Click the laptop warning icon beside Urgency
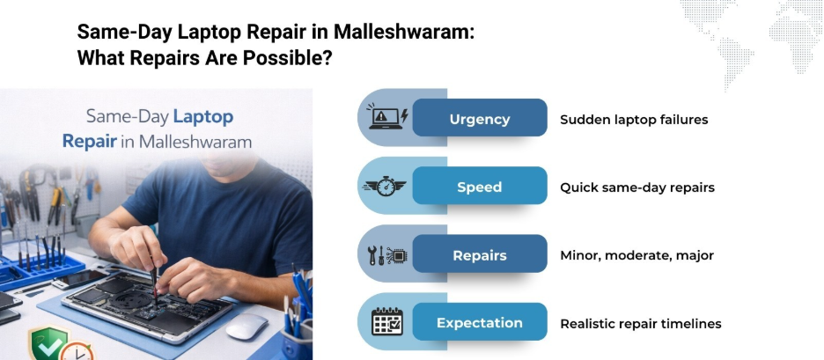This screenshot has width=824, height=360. coord(387,116)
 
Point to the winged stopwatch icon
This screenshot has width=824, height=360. coord(385,186)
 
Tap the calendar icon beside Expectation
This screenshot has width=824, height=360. coord(387,321)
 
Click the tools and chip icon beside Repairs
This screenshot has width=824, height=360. coord(387,255)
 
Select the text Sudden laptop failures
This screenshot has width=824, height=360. coord(634,120)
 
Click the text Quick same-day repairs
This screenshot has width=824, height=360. coord(636,187)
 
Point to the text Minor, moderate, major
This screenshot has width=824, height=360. coord(636,256)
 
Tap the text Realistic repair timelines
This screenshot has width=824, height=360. coord(640,324)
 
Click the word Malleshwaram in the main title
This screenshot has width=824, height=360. coord(404,32)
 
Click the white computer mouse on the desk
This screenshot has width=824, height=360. coord(247,327)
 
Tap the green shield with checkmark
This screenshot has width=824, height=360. coord(47,343)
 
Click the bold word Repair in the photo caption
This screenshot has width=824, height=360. coord(89,142)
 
